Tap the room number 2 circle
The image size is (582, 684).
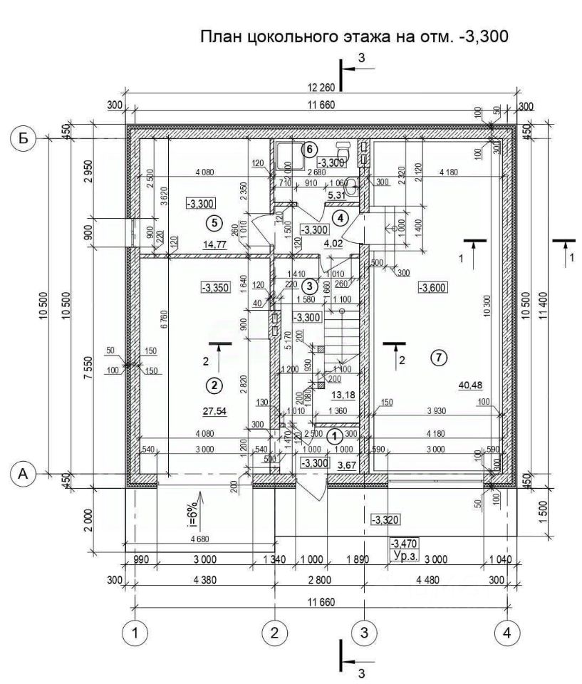213,385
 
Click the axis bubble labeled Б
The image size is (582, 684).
24,138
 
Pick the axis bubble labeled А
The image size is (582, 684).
24,473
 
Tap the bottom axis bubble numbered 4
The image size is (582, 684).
506,631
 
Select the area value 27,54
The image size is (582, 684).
214,411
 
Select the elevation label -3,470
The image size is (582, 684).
405,542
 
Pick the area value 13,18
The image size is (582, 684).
344,395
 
